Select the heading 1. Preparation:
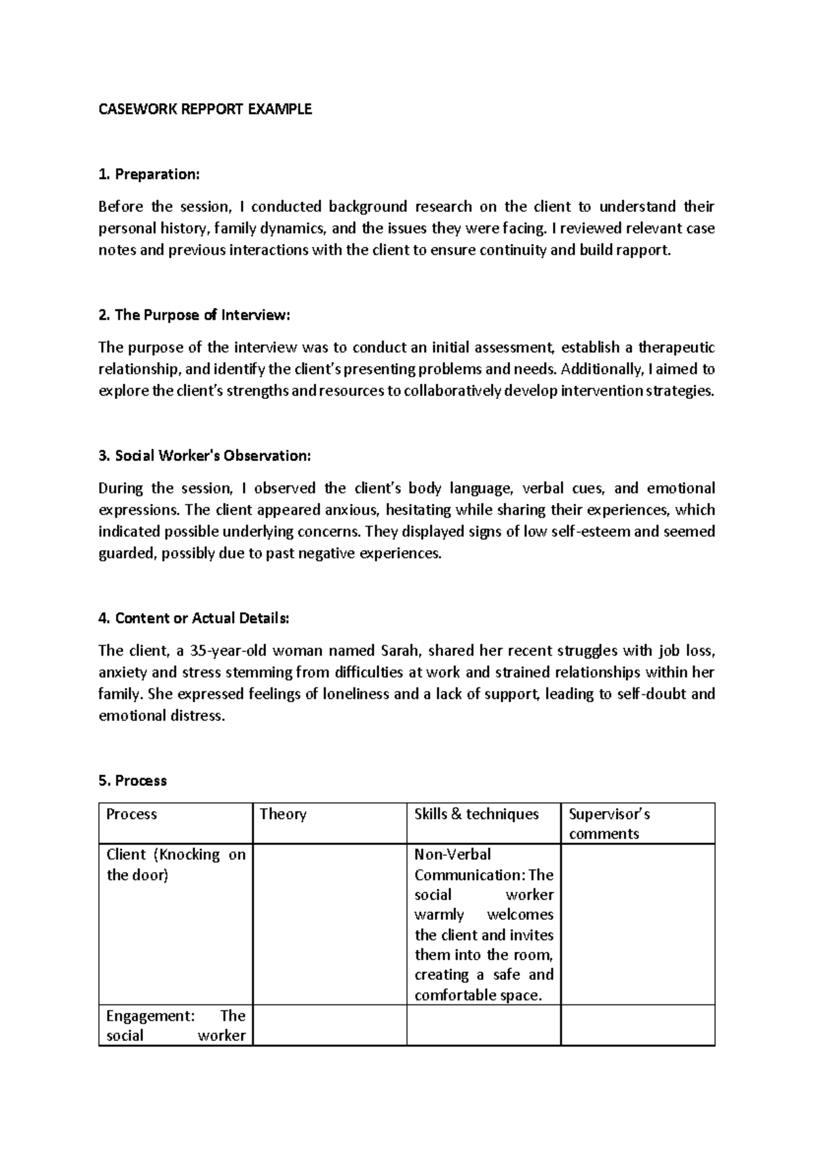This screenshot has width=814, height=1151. (149, 174)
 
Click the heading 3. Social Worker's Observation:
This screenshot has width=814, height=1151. (204, 456)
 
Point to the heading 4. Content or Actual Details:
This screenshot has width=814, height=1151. (193, 618)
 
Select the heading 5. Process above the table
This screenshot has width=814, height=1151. (132, 781)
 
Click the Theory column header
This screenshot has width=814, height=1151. (283, 814)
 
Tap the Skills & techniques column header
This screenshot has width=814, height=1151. (476, 814)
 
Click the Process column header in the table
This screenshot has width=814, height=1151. (132, 814)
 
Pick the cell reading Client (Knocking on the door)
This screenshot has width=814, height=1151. (175, 865)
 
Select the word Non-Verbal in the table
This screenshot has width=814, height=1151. (452, 854)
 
